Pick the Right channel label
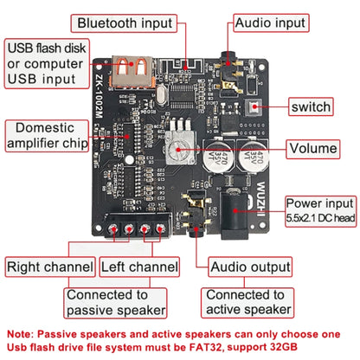pos(49,267)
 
